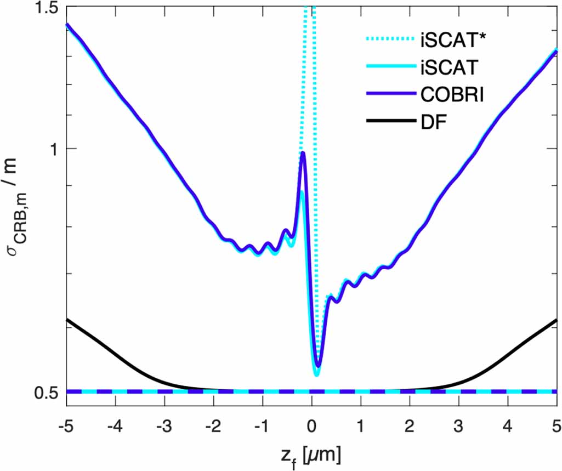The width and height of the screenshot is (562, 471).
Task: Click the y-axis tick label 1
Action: (x=53, y=149)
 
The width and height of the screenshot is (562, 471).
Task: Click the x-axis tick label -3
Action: (x=164, y=426)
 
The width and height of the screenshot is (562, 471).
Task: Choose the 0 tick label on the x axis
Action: (x=311, y=426)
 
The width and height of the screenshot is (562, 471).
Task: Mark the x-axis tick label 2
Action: (x=410, y=426)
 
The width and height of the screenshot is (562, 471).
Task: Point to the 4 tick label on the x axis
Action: (x=507, y=426)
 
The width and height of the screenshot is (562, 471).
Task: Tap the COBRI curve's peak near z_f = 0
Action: (x=303, y=153)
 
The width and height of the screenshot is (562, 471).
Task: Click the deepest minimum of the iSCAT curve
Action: (x=316, y=375)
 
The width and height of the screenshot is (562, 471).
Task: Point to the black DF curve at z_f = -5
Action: (x=67, y=319)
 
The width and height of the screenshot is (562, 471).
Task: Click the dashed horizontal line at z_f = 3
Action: (x=458, y=391)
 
